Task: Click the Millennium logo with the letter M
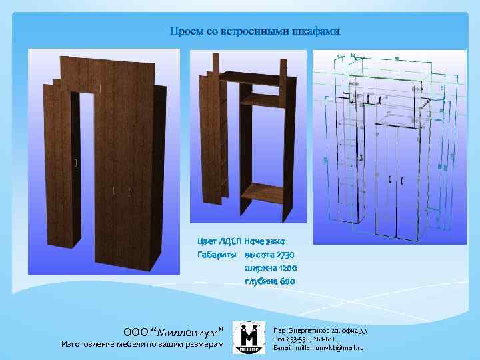[x=251, y=337]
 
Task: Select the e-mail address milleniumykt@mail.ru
[x=319, y=348]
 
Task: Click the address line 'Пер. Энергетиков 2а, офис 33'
[x=320, y=331]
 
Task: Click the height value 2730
[x=282, y=255]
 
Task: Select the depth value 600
[x=284, y=281]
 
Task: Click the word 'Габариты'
[x=217, y=255]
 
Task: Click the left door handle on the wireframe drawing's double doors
[x=389, y=179]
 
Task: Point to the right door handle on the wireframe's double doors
[x=402, y=180]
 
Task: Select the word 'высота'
[x=259, y=255]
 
